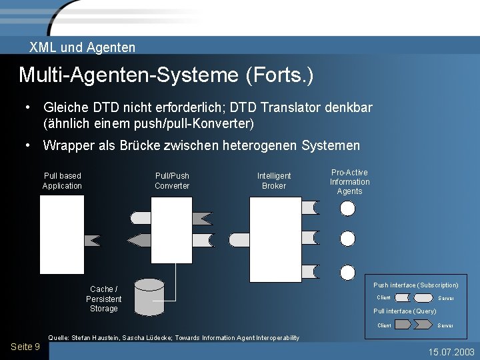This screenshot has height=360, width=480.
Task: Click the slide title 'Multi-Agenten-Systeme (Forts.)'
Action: point(166,75)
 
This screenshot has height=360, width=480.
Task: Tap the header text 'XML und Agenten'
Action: point(82,47)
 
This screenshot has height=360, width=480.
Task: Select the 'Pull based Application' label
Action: point(62,181)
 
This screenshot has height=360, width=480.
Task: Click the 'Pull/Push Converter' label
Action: point(172,181)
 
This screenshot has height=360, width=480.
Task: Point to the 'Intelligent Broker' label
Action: point(274,181)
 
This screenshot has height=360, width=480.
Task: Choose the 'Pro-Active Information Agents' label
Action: point(349,182)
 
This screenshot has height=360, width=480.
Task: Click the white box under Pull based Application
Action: point(62,235)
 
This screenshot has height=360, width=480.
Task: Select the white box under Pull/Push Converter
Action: point(171,230)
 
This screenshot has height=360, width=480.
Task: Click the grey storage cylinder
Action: point(149,297)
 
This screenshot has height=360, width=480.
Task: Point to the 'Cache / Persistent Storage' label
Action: point(103,299)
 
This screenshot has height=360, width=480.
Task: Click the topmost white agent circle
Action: point(348,208)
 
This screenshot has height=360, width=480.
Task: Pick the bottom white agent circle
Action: point(348,272)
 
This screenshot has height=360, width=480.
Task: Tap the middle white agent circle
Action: point(348,239)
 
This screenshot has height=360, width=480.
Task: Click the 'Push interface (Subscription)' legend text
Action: point(416,285)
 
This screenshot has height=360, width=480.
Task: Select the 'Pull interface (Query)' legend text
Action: point(405,311)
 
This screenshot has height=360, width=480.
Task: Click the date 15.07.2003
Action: point(451,351)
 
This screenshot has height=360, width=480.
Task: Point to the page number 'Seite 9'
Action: point(25,347)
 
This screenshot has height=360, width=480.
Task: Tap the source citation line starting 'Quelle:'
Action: point(173,338)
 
